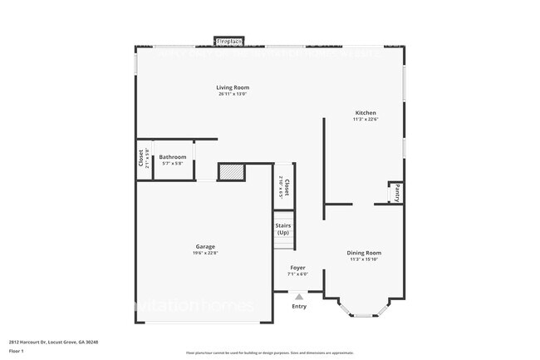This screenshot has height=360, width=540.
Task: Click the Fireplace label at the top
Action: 228,40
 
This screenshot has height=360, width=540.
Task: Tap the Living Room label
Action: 233,87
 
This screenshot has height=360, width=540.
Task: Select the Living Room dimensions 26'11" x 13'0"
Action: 233,94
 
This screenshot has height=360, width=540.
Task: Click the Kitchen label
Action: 366,112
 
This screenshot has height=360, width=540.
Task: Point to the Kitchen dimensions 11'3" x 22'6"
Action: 366,119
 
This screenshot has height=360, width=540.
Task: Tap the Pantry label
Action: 397,194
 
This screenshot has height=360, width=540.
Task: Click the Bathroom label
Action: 173,156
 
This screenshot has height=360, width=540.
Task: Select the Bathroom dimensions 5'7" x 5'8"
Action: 173,163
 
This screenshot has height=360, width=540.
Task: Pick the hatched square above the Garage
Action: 231,171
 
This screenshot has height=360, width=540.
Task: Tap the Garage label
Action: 205,246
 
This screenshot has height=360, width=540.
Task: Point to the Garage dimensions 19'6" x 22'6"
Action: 205,253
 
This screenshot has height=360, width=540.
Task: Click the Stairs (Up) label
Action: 282,229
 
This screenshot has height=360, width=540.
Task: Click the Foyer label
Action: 297,268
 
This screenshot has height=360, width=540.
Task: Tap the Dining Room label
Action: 364,253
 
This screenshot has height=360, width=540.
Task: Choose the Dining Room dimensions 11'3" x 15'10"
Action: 364,259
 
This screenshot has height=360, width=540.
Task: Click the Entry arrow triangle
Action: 299,295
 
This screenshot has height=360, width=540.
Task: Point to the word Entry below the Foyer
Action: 299,306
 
